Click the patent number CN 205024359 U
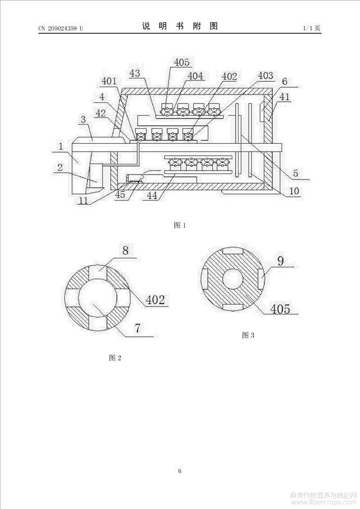61,29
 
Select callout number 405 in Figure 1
181,62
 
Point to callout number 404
195,76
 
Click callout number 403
266,76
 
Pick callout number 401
109,81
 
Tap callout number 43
135,73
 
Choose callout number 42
100,113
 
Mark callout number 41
284,96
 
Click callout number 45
120,195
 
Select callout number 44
152,195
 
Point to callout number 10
294,191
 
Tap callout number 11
83,200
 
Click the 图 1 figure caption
180,225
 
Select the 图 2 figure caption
115,358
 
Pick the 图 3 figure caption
248,336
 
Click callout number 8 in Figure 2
125,251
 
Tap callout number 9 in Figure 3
281,261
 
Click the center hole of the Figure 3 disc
233,279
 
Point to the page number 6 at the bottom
180,471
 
